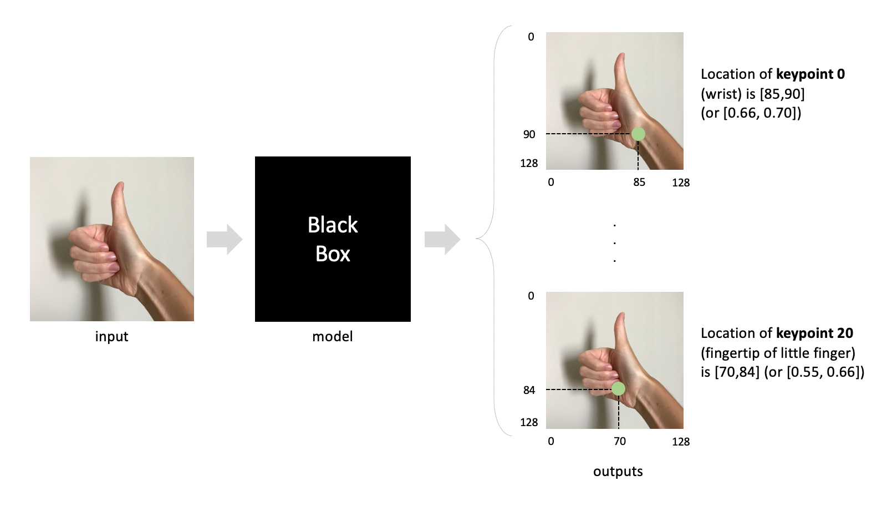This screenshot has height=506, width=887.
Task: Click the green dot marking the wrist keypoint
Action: [638, 134]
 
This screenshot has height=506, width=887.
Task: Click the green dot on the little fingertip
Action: [618, 389]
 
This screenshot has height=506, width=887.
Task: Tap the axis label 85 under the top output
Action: [639, 182]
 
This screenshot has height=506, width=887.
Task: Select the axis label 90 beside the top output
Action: [529, 134]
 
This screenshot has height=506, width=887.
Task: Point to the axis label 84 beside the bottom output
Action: [529, 390]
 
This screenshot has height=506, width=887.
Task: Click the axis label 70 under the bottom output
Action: [619, 441]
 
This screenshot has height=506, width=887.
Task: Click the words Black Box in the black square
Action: [333, 239]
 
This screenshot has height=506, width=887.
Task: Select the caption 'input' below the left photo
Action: [111, 336]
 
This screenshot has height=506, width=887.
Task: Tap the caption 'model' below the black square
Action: [332, 336]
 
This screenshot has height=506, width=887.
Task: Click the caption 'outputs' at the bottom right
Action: [618, 471]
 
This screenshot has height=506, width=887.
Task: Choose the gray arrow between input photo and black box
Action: [225, 240]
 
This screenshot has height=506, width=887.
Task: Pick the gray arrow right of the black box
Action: [442, 240]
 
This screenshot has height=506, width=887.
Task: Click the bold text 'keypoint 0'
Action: [810, 74]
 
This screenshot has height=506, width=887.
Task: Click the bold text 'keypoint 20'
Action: [814, 333]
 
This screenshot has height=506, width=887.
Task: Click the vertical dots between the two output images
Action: [614, 242]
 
